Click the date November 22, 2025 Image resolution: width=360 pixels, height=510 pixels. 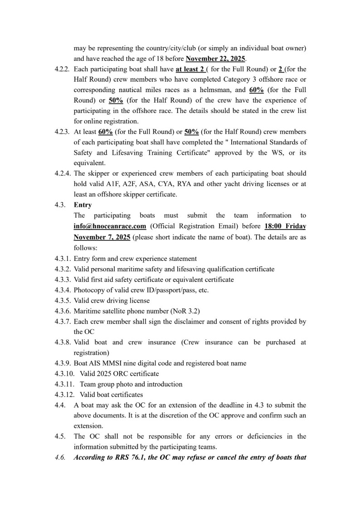(215, 59)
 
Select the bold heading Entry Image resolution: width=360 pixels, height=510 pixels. (83, 205)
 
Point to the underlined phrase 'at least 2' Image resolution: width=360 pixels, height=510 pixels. (191, 69)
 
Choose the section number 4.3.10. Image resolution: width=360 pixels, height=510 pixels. (63, 373)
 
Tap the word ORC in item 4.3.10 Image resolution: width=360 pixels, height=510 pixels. (123, 373)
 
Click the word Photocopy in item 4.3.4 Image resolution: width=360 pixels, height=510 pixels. (89, 290)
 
